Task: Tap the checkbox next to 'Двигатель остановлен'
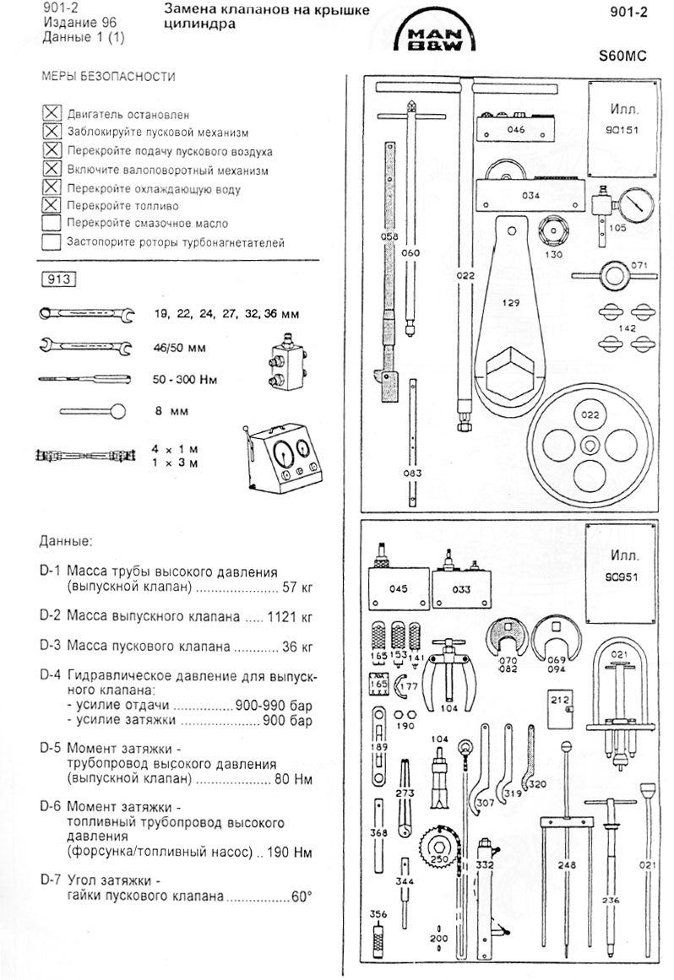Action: coord(52,113)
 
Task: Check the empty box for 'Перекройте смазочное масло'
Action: coord(52,224)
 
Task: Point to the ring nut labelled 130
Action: coord(554,230)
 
